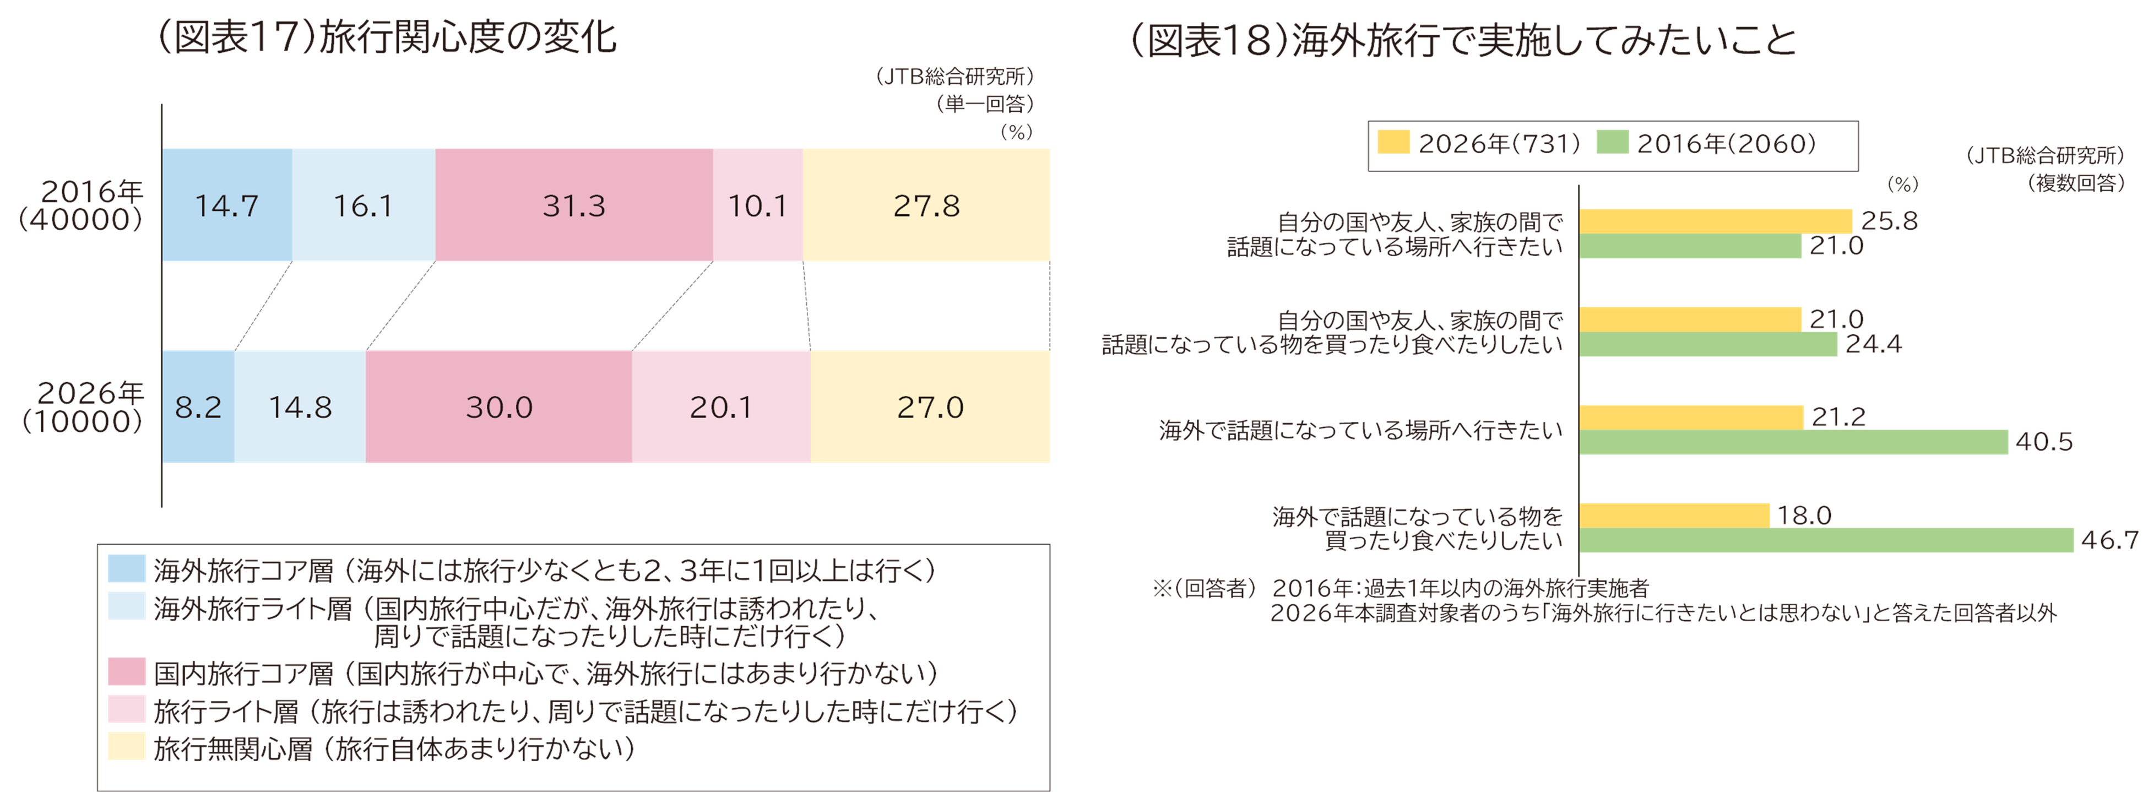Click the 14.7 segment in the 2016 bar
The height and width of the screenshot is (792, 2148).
[x=227, y=205]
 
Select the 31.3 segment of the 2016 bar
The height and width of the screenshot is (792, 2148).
[x=574, y=205]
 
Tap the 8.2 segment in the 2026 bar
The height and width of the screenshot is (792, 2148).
[x=198, y=407]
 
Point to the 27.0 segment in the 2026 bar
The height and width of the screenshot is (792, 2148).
[x=931, y=407]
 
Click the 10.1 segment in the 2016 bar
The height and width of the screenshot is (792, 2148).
[x=757, y=205]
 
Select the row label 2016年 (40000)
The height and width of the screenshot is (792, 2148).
[x=82, y=205]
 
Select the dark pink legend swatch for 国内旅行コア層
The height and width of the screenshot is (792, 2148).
[x=127, y=672]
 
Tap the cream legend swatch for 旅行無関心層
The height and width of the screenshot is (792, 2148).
[x=127, y=748]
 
